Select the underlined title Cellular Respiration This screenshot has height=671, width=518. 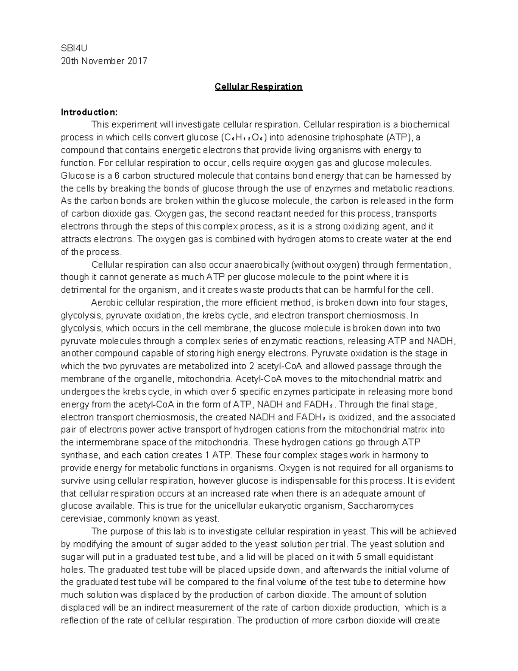tap(259, 86)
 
